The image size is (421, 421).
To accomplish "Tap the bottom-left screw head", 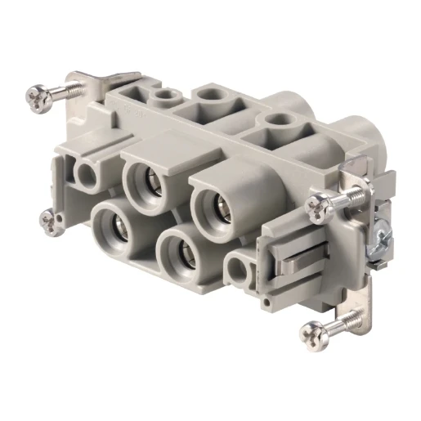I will pyautogui.click(x=49, y=219).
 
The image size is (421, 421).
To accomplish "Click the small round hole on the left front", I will pyautogui.click(x=86, y=174).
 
